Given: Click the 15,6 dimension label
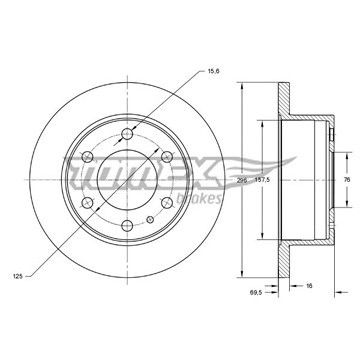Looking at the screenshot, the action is click(213, 71).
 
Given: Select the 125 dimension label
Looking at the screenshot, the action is click(18, 276).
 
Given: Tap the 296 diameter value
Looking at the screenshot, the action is click(242, 180).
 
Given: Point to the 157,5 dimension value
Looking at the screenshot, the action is click(263, 180).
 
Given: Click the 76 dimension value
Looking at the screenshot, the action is click(347, 180).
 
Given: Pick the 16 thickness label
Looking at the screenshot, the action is click(309, 286).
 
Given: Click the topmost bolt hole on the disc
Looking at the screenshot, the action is click(127, 134).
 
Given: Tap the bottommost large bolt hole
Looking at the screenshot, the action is click(127, 226).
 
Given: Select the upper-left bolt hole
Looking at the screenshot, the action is click(87, 157).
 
